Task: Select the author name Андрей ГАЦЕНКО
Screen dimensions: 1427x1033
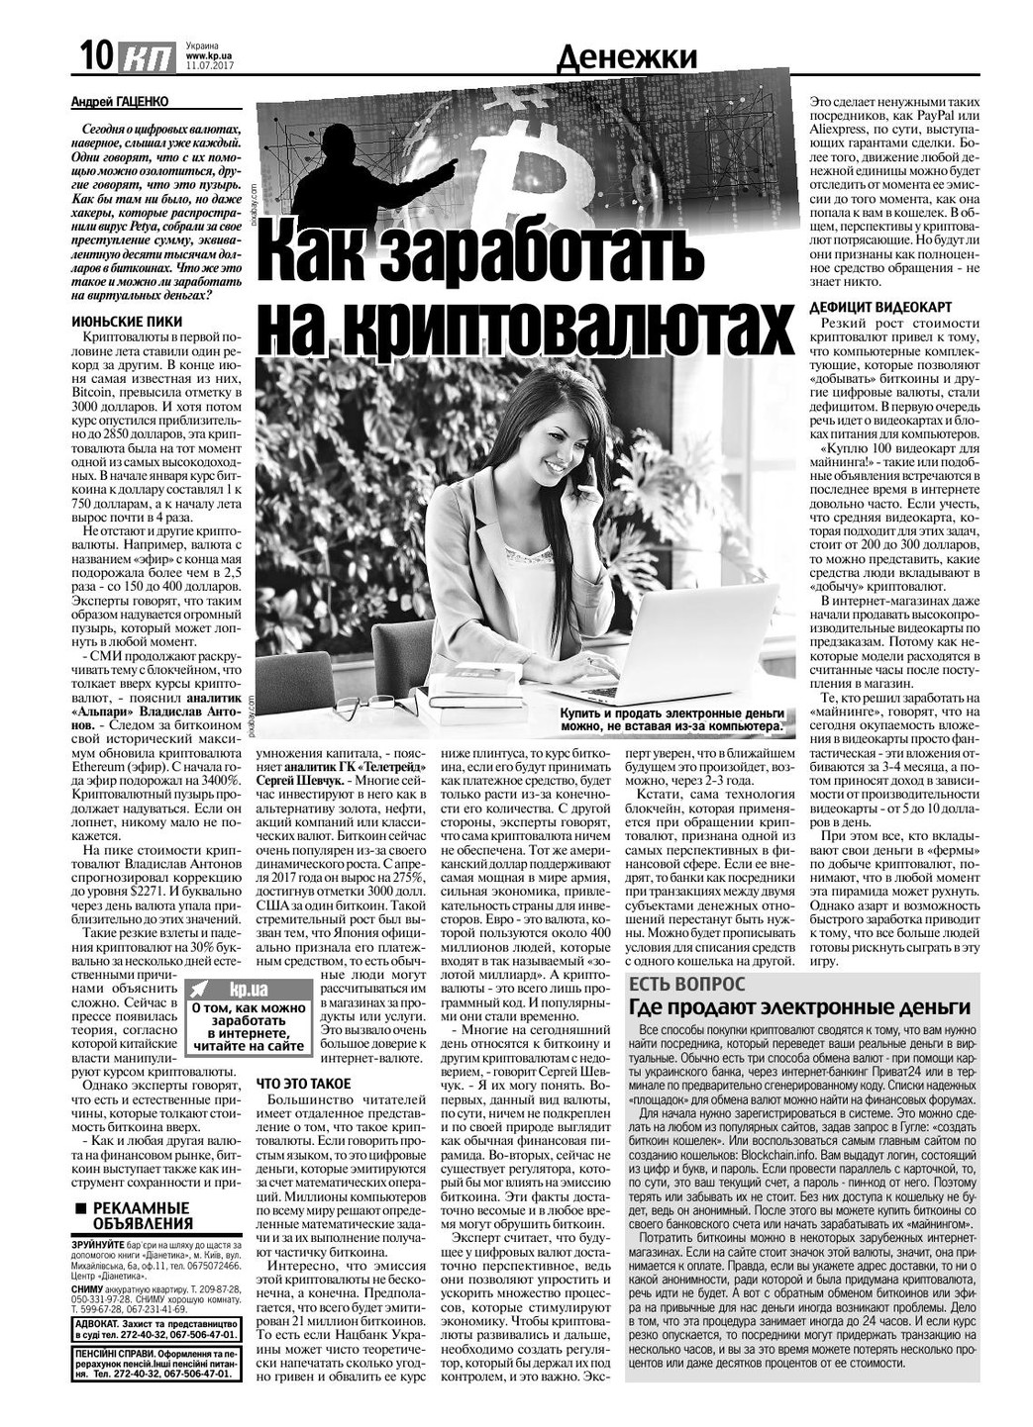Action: tap(120, 101)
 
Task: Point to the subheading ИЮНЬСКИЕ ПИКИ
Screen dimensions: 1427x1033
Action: tap(127, 322)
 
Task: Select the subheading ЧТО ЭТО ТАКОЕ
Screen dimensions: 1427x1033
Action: tap(297, 1083)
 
